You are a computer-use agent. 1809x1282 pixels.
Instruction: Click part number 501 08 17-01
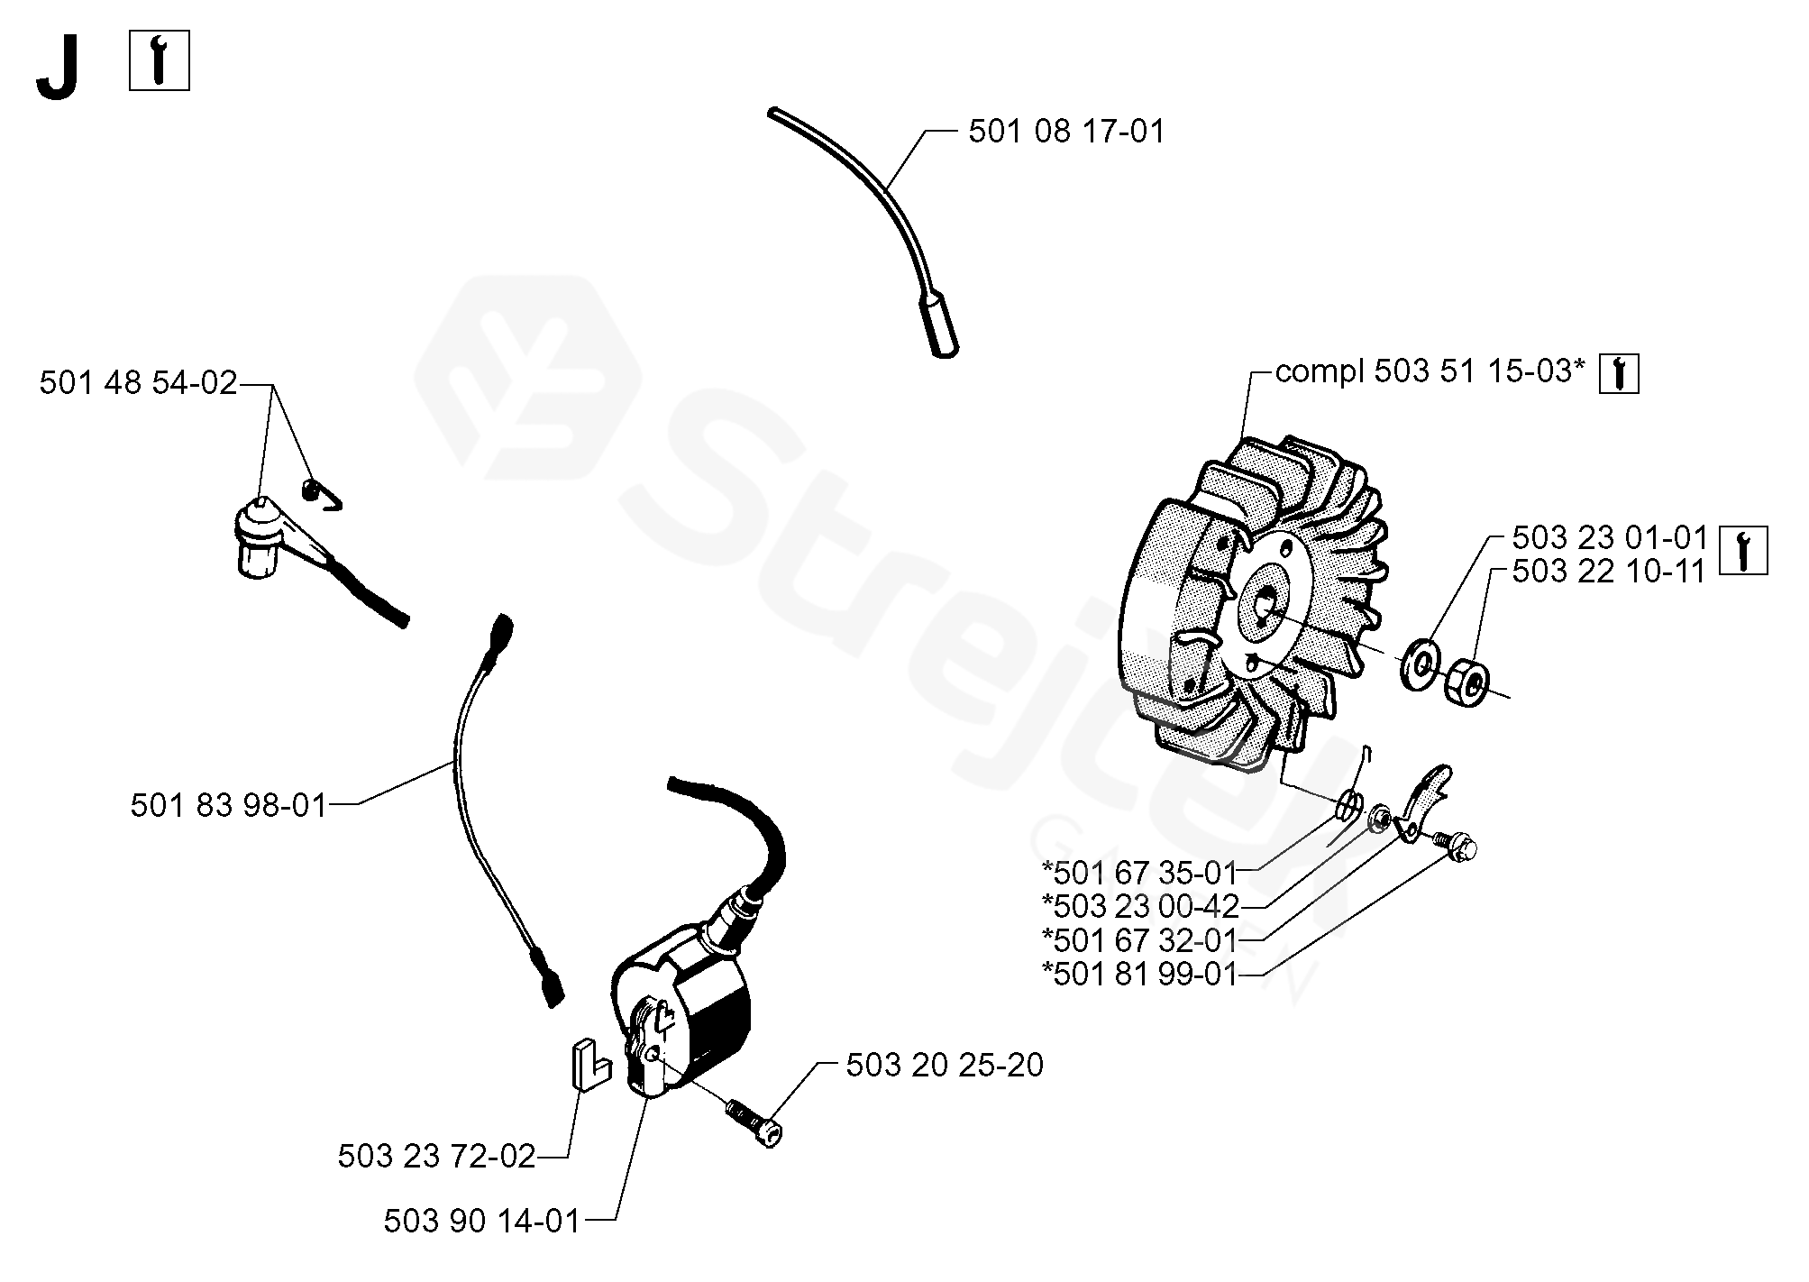pos(1066,133)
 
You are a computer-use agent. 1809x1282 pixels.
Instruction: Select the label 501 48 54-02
pos(138,383)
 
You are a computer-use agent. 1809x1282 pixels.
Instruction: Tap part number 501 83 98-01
pos(228,805)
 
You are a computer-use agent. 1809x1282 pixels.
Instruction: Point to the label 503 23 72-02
pos(436,1156)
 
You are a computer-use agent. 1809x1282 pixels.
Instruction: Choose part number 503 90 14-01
pos(481,1221)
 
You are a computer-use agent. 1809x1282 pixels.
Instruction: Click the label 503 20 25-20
pos(944,1065)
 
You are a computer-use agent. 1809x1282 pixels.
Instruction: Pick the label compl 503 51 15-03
pos(1430,371)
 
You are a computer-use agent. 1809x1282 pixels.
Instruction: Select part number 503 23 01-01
pos(1610,538)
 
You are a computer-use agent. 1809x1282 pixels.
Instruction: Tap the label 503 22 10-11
pos(1609,571)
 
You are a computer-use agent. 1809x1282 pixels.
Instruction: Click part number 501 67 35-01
pos(1140,873)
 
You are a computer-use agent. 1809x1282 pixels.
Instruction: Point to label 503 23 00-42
pos(1140,906)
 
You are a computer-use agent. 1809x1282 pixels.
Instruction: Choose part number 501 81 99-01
pos(1140,975)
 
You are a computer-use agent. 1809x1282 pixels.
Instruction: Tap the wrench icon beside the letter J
pos(160,60)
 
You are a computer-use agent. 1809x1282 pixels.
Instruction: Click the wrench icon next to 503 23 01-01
pos(1743,550)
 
